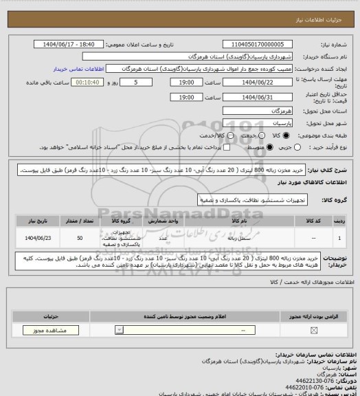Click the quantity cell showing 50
81,238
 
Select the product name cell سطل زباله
244,238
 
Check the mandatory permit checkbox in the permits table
314,331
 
